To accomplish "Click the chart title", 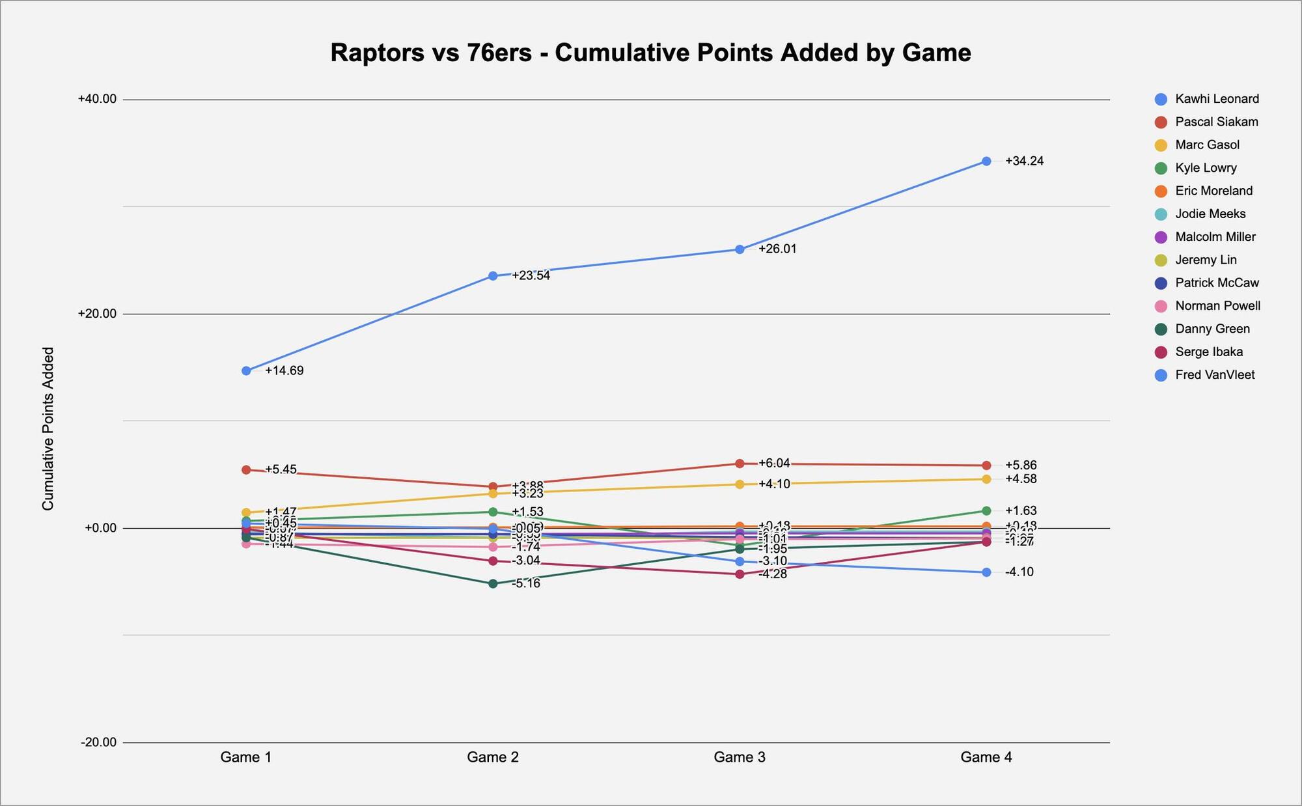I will [x=650, y=53].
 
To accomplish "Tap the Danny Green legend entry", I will [x=1212, y=329].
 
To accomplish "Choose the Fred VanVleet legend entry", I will [x=1214, y=375].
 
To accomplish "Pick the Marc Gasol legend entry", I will [x=1206, y=145].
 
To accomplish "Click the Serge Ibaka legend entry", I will [x=1208, y=352].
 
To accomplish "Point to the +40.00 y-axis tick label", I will [x=97, y=99].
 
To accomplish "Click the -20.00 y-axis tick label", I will [x=98, y=742].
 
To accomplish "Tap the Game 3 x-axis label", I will [x=740, y=757].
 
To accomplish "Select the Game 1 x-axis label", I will [x=246, y=757].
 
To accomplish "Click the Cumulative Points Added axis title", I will [x=48, y=428].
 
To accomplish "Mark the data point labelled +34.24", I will [x=986, y=161].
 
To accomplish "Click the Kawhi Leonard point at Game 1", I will [x=246, y=371].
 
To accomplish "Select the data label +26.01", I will [x=777, y=249].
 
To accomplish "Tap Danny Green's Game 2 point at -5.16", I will [x=493, y=583].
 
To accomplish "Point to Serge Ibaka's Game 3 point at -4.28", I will [x=740, y=574].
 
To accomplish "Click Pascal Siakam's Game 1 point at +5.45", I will [x=246, y=469].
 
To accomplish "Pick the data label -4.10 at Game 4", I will [x=1019, y=572].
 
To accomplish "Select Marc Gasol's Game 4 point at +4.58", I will [x=986, y=479].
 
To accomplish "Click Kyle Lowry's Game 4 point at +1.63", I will [x=986, y=511].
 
